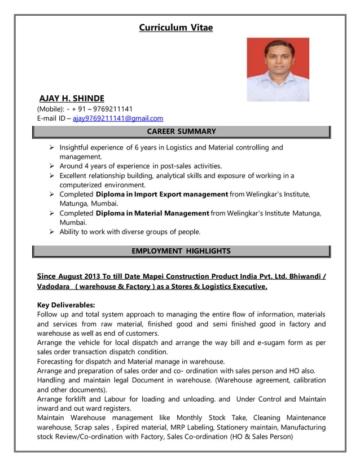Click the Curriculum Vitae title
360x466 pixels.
(x=176, y=27)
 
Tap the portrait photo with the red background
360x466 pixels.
(x=278, y=69)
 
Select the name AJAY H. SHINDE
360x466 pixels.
(x=72, y=98)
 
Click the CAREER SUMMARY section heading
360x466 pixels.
(x=181, y=131)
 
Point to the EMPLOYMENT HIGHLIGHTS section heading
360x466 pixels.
(x=181, y=250)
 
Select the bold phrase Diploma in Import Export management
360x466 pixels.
(x=162, y=194)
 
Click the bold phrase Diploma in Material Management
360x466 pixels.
(x=153, y=213)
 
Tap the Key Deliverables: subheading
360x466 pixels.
(x=65, y=305)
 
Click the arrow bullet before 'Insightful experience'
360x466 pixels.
(x=51, y=148)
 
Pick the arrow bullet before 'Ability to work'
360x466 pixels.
(x=51, y=231)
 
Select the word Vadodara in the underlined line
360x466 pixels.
(x=54, y=287)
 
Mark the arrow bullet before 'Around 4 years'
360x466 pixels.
(x=51, y=166)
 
